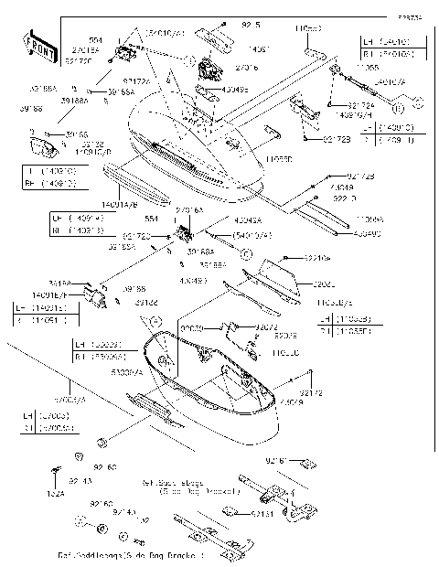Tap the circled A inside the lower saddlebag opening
tap(156, 321)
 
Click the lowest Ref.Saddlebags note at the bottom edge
tap(128, 555)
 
